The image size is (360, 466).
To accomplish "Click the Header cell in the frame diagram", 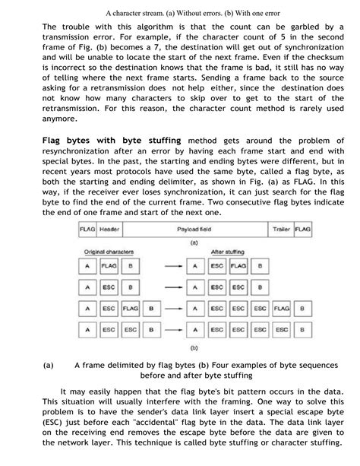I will coord(111,229).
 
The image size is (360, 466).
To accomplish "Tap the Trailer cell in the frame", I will coord(283,229).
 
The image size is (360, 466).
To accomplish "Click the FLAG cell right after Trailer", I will coord(304,229).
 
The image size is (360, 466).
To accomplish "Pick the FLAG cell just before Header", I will coord(87,229).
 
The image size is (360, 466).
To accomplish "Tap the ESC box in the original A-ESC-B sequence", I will coord(109,289).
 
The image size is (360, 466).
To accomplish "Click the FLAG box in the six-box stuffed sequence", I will coord(283,310).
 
